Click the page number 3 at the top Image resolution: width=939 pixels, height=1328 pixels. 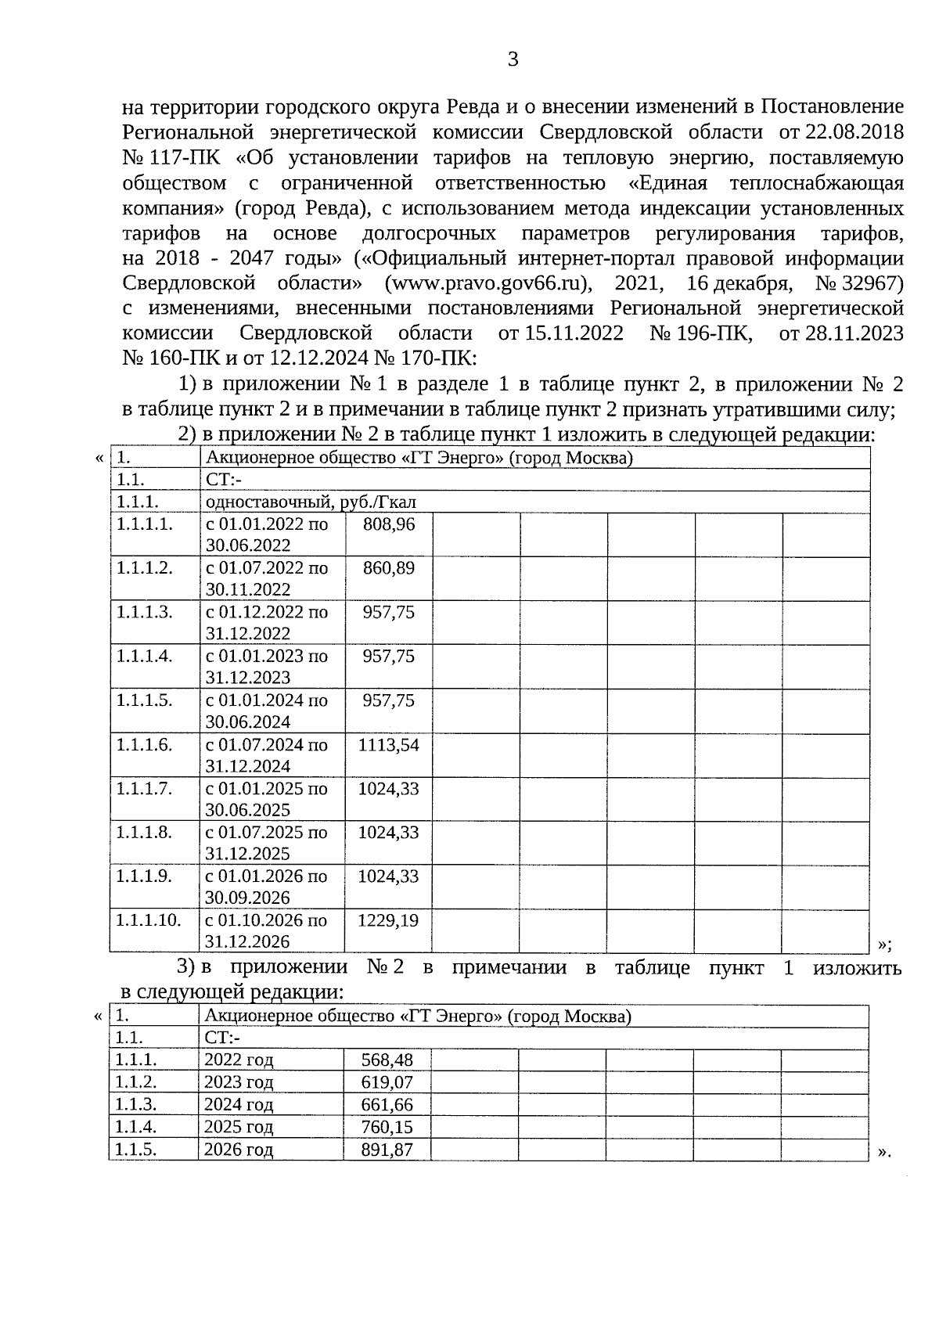(x=513, y=59)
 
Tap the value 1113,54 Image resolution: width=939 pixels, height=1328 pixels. (x=388, y=745)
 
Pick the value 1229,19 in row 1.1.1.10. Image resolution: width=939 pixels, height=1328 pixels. (x=388, y=921)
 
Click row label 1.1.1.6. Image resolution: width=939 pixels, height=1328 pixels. (x=144, y=745)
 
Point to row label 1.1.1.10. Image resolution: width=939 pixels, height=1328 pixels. (x=149, y=921)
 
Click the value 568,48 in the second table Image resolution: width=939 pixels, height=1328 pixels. (x=387, y=1060)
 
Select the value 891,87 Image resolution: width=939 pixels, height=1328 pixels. (x=387, y=1150)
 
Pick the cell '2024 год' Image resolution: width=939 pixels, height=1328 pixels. (x=239, y=1105)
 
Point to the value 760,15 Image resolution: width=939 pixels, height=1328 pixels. (x=387, y=1128)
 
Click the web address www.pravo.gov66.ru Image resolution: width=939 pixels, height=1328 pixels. (x=486, y=283)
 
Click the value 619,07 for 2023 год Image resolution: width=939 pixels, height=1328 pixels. (x=387, y=1083)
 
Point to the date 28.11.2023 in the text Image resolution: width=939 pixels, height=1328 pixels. (x=854, y=334)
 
